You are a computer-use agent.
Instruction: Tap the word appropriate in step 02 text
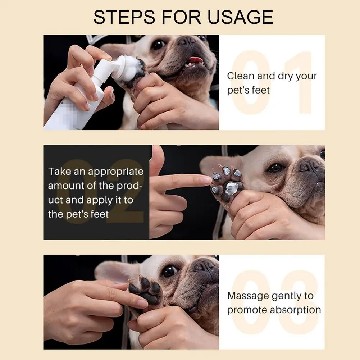pos(116,172)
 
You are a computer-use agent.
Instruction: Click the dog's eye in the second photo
pos(276,168)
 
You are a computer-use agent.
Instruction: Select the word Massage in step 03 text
pos(248,296)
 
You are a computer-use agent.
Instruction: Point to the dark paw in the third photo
pos(146,290)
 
